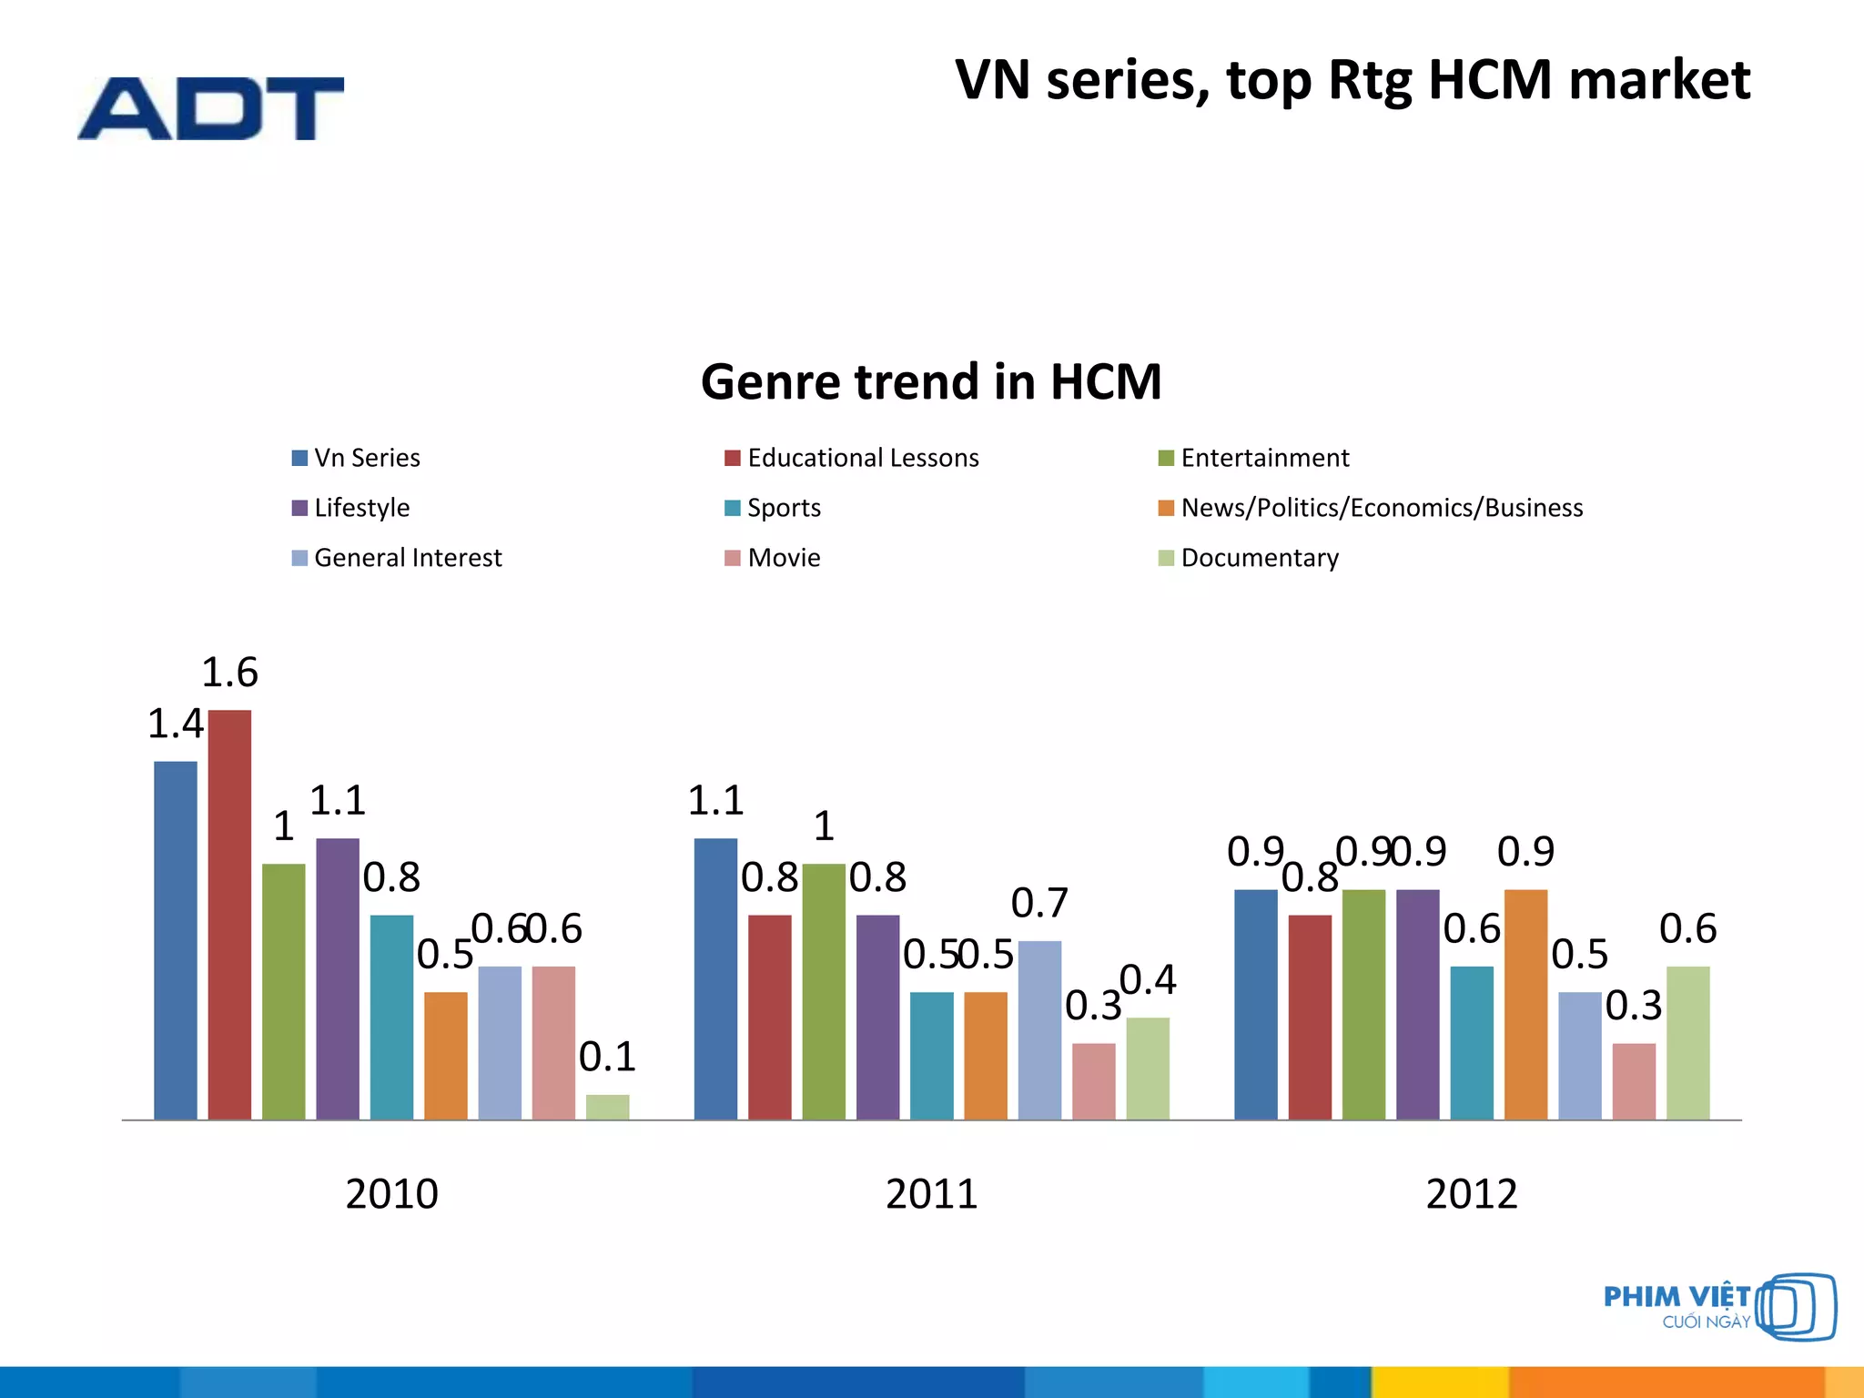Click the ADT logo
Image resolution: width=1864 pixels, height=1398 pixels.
210,108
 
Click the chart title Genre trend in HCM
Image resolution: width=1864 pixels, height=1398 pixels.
931,381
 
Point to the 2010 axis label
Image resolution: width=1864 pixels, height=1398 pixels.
391,1193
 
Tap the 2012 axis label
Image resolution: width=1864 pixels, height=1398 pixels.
1472,1193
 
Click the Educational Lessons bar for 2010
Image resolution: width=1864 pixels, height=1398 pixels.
229,915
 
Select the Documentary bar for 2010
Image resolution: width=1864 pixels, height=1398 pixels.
607,1107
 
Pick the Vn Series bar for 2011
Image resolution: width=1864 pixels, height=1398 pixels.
715,978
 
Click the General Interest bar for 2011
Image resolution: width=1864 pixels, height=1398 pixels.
1039,1029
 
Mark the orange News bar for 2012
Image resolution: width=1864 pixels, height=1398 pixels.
1525,1004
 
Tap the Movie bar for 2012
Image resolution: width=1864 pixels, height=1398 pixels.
1634,1081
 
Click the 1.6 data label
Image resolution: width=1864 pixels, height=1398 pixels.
229,673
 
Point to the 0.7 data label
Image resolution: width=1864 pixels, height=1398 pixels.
1039,903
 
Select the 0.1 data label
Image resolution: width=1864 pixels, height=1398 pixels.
607,1057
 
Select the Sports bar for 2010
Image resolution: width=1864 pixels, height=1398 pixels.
391,1017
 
